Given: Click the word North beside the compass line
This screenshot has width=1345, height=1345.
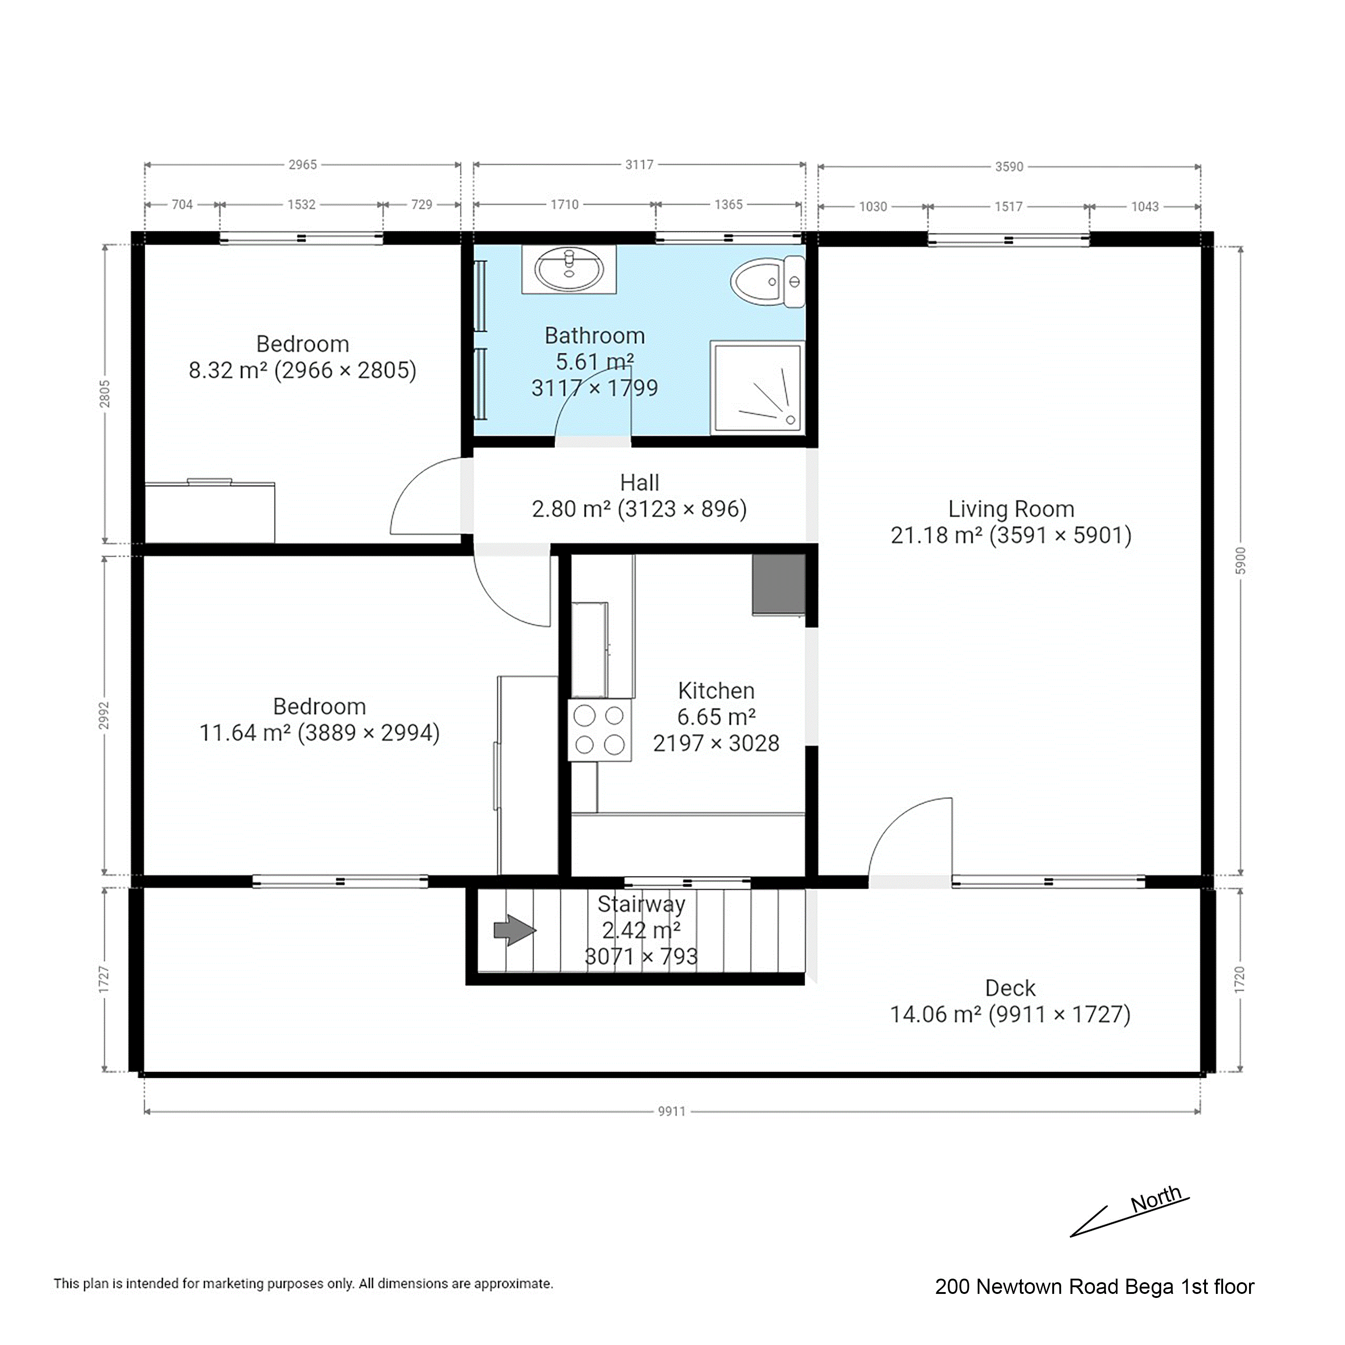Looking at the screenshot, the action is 1156,1198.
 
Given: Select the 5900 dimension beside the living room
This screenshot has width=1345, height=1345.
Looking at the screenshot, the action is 1240,561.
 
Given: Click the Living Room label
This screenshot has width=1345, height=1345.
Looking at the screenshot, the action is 1011,509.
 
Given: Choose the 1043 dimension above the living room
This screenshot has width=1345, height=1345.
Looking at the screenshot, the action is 1145,207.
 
